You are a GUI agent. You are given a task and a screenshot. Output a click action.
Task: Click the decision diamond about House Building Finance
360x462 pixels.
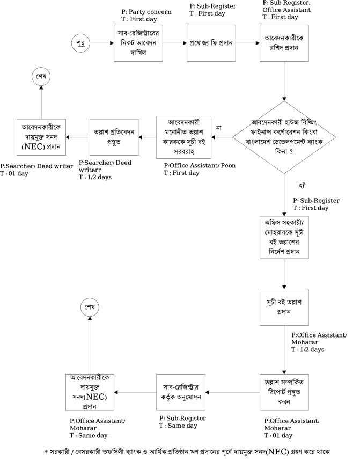tap(283, 137)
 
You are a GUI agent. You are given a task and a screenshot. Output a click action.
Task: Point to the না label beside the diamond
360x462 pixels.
tap(218, 128)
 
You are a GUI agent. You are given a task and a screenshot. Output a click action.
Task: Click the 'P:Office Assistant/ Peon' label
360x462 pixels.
tap(199, 165)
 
